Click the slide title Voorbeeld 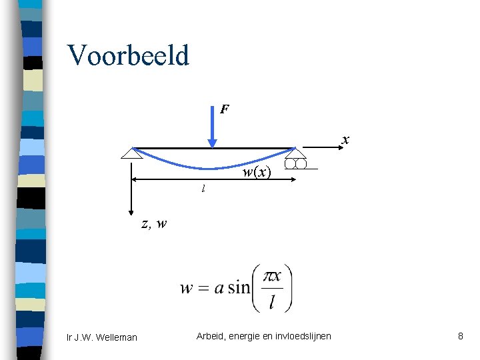click(x=128, y=56)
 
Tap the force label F click(x=225, y=108)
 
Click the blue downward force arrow click(x=211, y=130)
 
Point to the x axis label click(x=345, y=139)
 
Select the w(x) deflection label click(x=257, y=172)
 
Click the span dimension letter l click(x=203, y=189)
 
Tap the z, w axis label click(x=154, y=223)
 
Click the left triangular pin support click(x=133, y=153)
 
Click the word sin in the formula click(x=238, y=288)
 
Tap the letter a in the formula click(x=219, y=289)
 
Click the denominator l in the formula click(x=272, y=303)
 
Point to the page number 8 click(x=460, y=336)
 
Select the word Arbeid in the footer click(x=211, y=336)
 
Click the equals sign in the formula click(x=204, y=289)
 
